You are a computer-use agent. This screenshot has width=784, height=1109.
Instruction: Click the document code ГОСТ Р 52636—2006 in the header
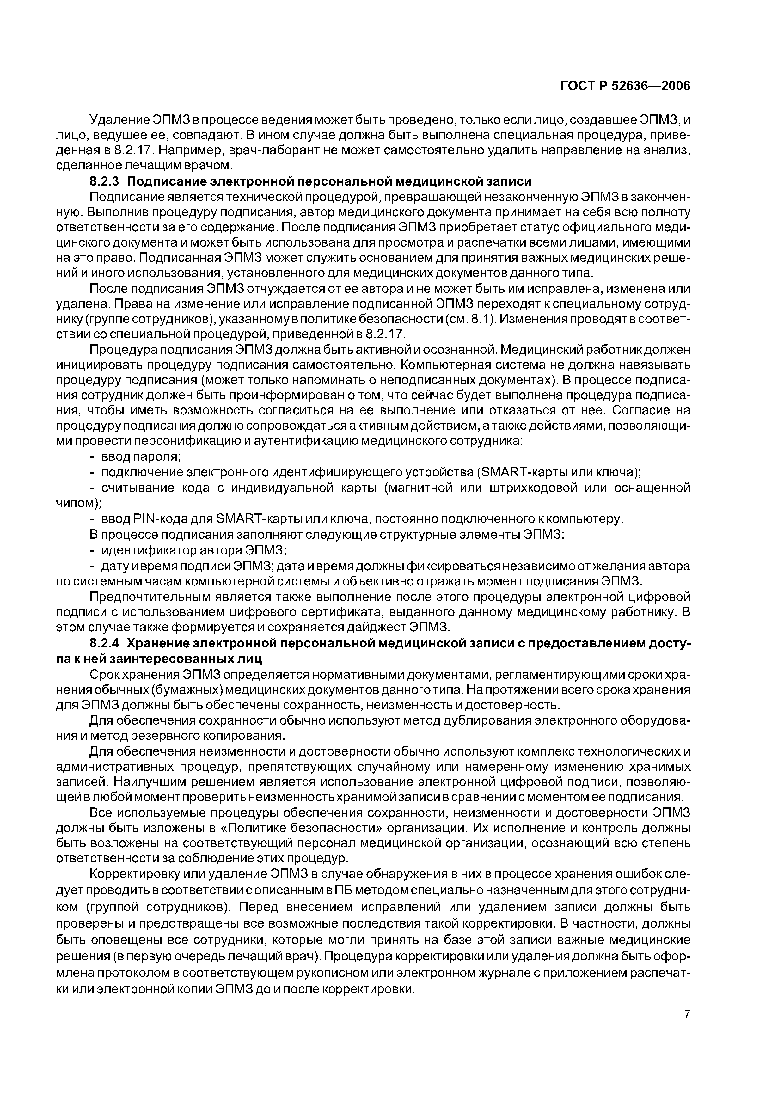click(625, 86)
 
